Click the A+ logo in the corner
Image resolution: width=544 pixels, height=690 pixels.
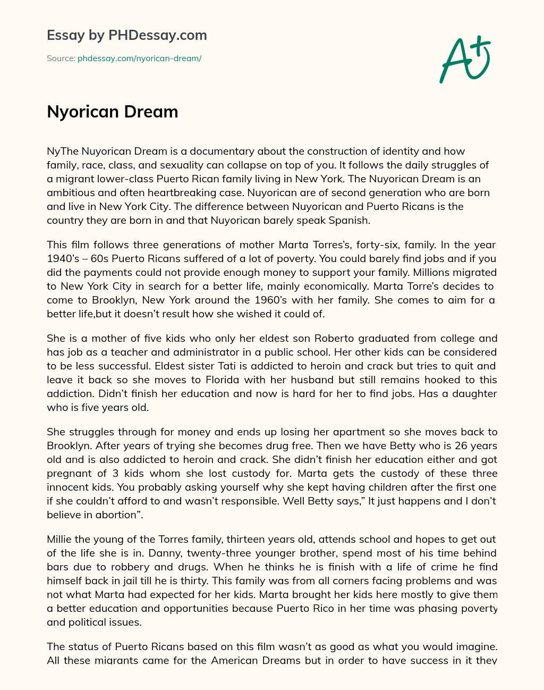pyautogui.click(x=465, y=59)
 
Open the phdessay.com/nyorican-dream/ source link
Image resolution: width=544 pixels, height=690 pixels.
pyautogui.click(x=139, y=58)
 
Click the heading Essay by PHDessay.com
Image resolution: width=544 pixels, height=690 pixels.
pyautogui.click(x=126, y=35)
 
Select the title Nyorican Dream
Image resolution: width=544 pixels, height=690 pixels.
pyautogui.click(x=112, y=112)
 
